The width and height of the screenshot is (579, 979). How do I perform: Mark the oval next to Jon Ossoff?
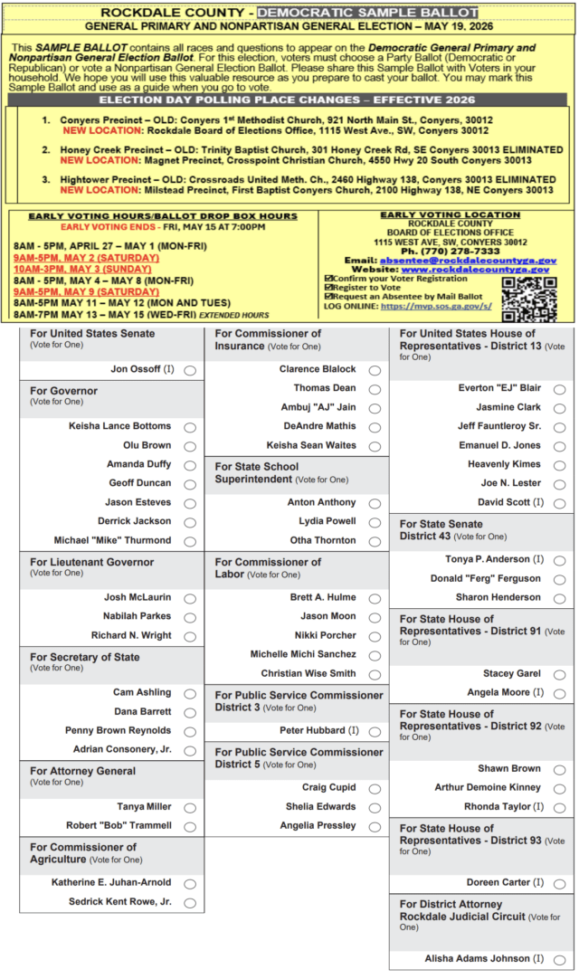click(x=190, y=370)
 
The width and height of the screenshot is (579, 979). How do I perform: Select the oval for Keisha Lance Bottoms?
click(x=190, y=427)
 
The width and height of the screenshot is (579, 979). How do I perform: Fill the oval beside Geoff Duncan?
click(x=190, y=484)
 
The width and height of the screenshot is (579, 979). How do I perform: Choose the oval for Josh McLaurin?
click(x=190, y=598)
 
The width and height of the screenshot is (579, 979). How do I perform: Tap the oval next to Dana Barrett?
click(x=190, y=712)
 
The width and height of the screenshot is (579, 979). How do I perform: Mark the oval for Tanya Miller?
click(x=190, y=807)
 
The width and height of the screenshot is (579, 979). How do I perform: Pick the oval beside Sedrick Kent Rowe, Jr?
click(x=190, y=902)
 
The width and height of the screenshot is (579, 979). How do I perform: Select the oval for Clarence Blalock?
click(x=375, y=370)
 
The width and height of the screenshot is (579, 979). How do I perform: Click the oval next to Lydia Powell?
click(x=375, y=522)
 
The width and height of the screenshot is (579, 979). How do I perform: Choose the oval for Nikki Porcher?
click(x=375, y=636)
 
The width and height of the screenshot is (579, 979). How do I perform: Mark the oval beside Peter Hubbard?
click(x=375, y=731)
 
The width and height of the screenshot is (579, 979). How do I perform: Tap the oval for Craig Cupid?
click(x=375, y=788)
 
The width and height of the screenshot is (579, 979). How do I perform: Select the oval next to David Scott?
click(x=560, y=503)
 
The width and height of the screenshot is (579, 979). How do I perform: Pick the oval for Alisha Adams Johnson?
click(x=560, y=959)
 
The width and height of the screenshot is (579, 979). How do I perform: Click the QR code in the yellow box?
click(x=528, y=299)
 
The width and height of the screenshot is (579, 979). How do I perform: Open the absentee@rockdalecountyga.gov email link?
click(x=468, y=260)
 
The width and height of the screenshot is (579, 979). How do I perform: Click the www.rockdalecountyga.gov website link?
click(x=475, y=269)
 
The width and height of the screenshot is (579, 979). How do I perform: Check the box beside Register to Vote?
click(x=329, y=287)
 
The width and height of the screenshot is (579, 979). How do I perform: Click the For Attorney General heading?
click(x=82, y=771)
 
